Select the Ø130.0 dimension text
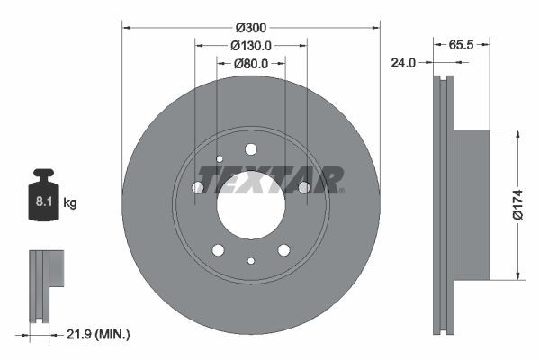tap(251, 45)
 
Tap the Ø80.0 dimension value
tap(251, 64)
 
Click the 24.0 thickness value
tap(402, 63)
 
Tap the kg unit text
tap(69, 203)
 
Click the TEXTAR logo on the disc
tap(271, 179)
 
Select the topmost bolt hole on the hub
tap(251, 149)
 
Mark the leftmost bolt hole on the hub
tap(198, 187)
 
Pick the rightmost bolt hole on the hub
tap(304, 187)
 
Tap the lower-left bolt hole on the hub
tap(218, 249)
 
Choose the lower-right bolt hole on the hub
tap(283, 249)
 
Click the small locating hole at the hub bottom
tap(251, 261)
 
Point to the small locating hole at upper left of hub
tap(219, 159)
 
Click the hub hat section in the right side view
tap(472, 205)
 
